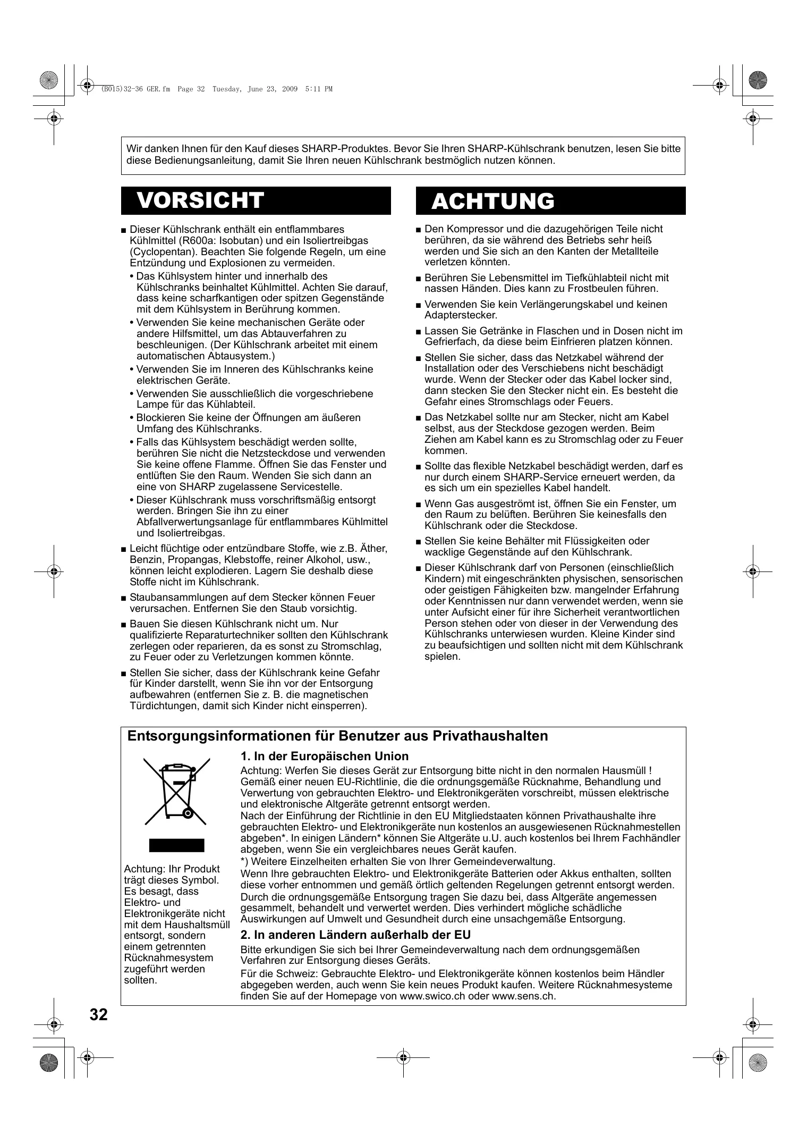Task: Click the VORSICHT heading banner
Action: (x=256, y=200)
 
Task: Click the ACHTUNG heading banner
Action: (x=550, y=201)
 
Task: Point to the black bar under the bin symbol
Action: (x=176, y=845)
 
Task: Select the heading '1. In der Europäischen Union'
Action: (x=325, y=756)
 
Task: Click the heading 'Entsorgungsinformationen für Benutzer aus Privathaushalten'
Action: (x=338, y=736)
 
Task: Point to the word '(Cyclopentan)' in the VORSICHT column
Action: (x=157, y=252)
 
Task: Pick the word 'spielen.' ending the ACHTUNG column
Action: (x=442, y=657)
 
